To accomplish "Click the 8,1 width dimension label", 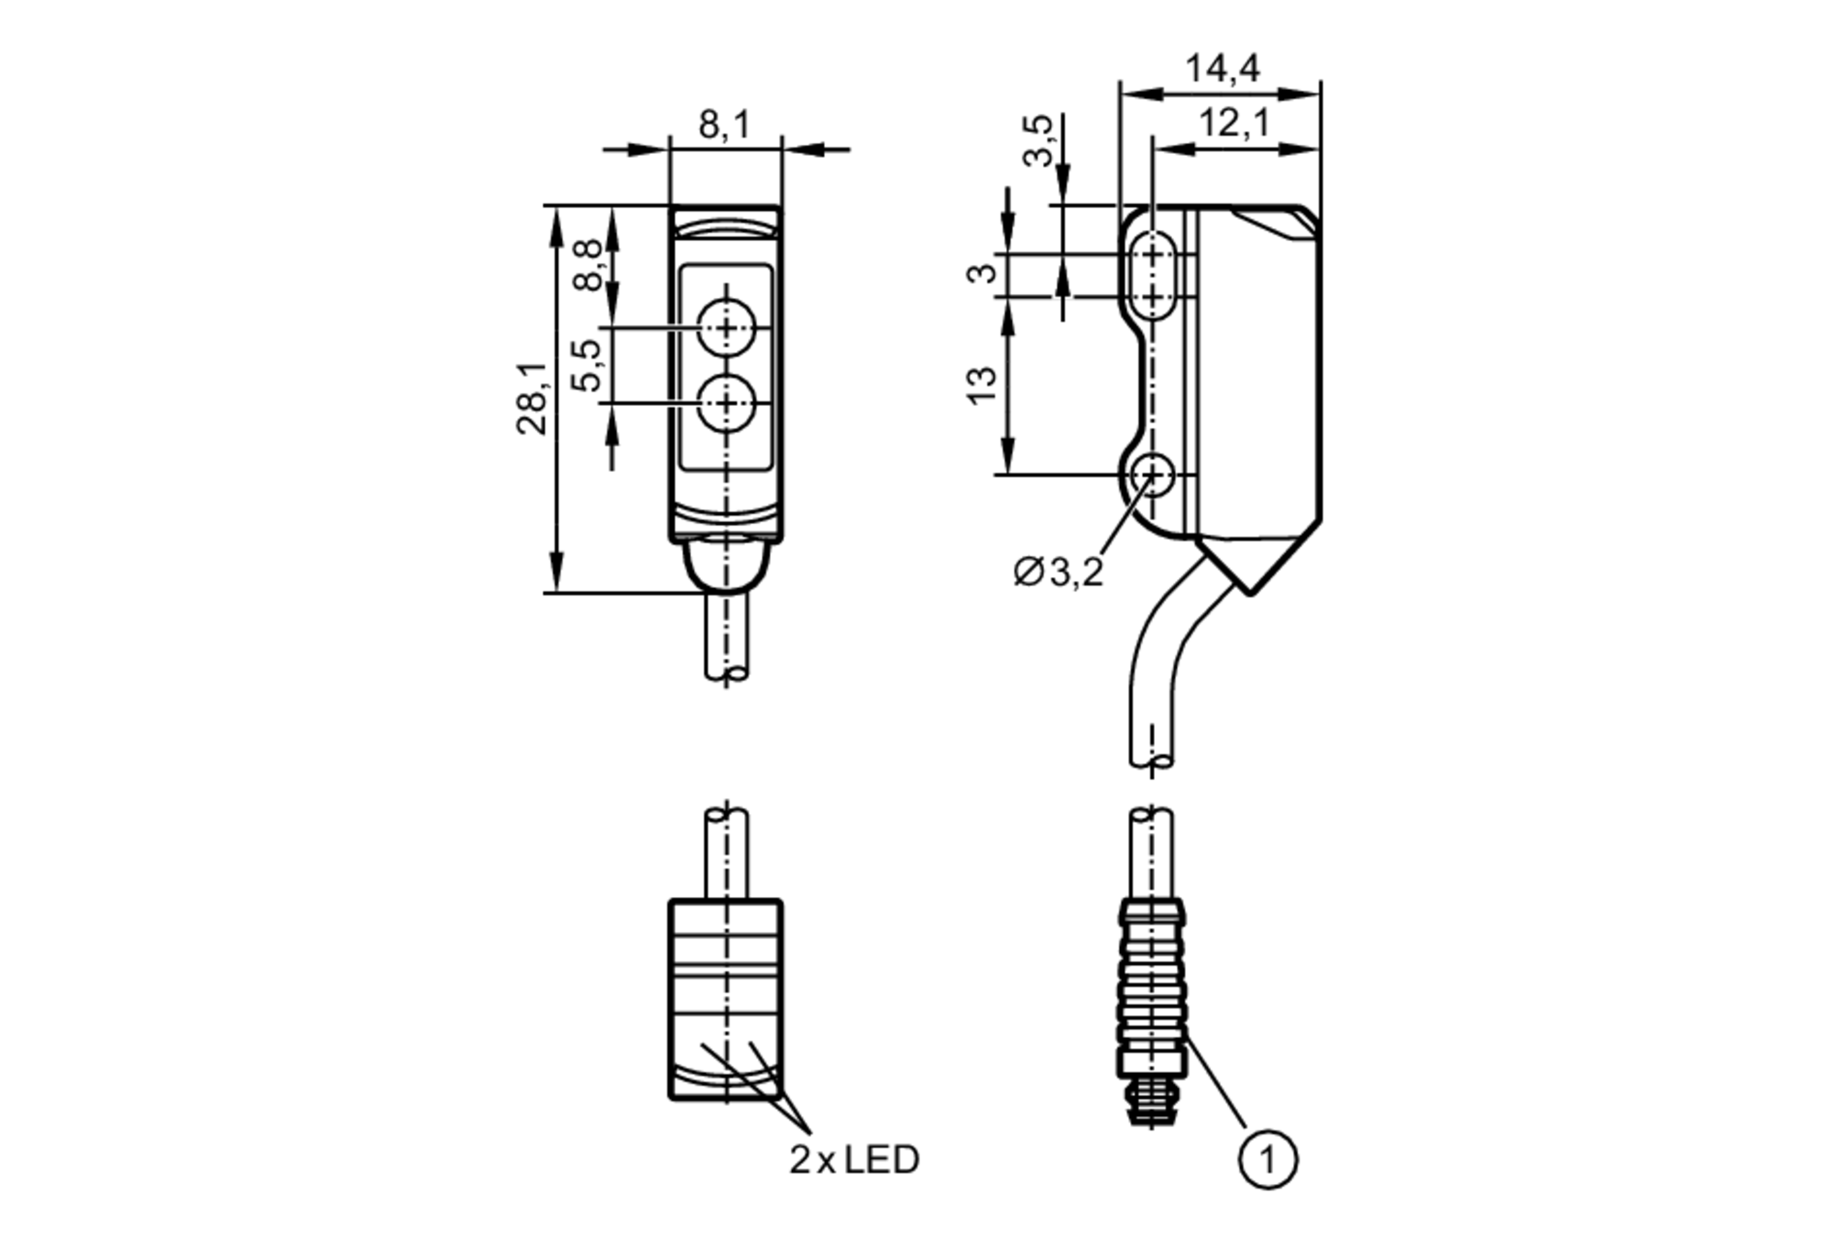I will click(724, 125).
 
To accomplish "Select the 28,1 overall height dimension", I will click(532, 398).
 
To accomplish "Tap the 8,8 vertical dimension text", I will click(588, 265).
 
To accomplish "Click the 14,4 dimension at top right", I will click(1222, 69).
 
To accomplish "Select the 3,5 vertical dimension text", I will click(1038, 140).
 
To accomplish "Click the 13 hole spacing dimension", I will click(981, 385).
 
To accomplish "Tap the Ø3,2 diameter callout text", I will click(1058, 573).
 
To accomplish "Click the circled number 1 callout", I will click(1268, 1160).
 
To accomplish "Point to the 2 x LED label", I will click(853, 1160).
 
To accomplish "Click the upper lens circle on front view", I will click(726, 327).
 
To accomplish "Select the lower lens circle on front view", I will click(726, 403).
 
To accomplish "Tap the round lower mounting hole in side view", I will click(1152, 475).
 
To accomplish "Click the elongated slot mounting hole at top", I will click(1152, 274).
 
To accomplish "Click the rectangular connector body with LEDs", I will click(726, 999).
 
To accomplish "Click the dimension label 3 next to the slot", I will click(982, 273).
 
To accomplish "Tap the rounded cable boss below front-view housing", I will click(726, 564).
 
